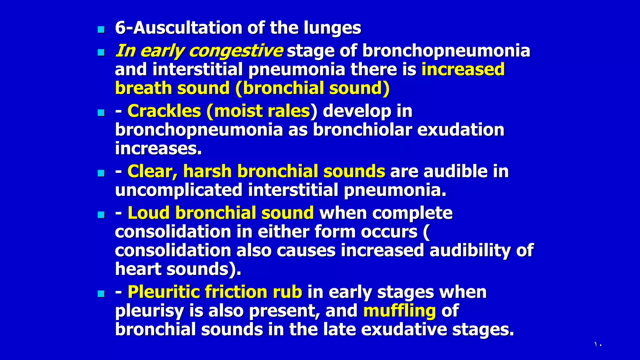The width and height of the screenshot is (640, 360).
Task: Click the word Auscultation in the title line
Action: [x=188, y=28]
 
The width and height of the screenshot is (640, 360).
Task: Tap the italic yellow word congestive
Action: [x=236, y=51]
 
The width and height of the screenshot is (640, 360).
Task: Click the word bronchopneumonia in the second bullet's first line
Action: [x=446, y=51]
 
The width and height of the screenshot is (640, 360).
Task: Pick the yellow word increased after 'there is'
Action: [x=463, y=69]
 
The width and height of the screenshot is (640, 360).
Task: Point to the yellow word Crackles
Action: [x=164, y=111]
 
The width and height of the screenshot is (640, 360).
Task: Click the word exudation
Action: [x=461, y=130]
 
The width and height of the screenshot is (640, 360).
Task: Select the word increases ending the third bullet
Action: [x=158, y=148]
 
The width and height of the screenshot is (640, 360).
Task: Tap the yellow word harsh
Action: [x=207, y=171]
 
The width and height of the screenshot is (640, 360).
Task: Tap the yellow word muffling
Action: [x=399, y=311]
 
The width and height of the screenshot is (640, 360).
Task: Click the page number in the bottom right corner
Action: [x=598, y=345]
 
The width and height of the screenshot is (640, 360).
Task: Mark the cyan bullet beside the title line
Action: [x=101, y=30]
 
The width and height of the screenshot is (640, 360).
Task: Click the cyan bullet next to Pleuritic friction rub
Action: [x=101, y=294]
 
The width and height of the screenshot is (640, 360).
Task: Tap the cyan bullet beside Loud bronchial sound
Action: [x=101, y=215]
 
